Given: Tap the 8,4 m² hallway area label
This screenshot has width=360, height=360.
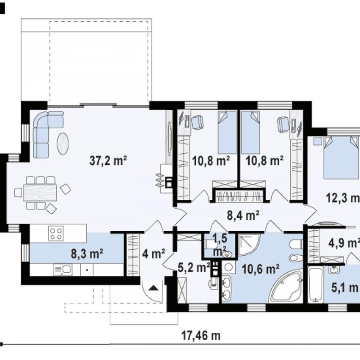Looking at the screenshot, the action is [243, 216].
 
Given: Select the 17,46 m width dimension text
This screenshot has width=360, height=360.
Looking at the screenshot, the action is [201, 336].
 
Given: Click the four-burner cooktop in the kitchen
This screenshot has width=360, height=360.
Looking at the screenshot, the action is [56, 233].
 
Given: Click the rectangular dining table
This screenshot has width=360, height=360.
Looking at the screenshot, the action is [40, 192].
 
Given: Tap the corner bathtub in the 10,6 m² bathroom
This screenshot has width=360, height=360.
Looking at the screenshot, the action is [287, 286].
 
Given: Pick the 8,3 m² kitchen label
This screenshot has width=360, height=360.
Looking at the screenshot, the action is [87, 254].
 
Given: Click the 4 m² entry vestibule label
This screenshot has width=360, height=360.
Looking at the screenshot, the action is [154, 254].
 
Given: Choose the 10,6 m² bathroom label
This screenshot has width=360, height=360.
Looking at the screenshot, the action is [261, 269].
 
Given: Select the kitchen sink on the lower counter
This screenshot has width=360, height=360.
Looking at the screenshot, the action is [63, 270].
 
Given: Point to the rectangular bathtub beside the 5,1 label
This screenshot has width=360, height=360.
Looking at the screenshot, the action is [315, 285].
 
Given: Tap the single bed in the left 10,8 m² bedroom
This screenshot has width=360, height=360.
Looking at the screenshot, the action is [227, 132].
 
